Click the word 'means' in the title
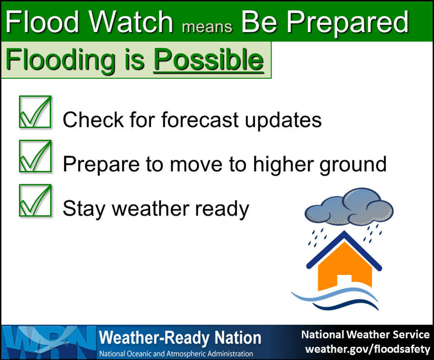click(x=207, y=27)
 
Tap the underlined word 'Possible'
click(x=209, y=59)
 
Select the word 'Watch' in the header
click(x=131, y=22)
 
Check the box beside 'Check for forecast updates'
click(x=35, y=112)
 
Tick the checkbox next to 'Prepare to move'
click(x=35, y=156)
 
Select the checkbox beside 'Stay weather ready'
click(x=35, y=201)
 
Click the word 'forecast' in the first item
click(x=200, y=120)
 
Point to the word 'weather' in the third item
click(x=151, y=208)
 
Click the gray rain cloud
click(x=349, y=206)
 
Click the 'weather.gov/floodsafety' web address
click(x=367, y=349)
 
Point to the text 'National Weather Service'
click(x=365, y=335)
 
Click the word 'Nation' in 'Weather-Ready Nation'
click(x=238, y=338)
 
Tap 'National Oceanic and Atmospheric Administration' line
click(x=176, y=354)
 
